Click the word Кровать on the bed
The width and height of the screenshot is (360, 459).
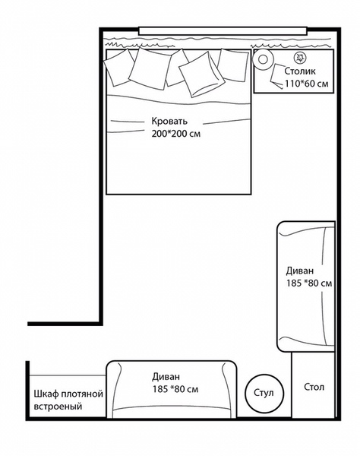pyautogui.click(x=169, y=121)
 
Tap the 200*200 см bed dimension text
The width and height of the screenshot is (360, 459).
pyautogui.click(x=176, y=134)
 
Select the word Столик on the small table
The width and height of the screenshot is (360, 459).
pyautogui.click(x=300, y=71)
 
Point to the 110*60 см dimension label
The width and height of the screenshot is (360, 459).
pyautogui.click(x=307, y=84)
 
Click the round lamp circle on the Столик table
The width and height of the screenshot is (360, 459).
pyautogui.click(x=263, y=59)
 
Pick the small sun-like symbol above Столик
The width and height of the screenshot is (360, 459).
pyautogui.click(x=300, y=58)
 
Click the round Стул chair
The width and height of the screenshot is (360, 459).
pyautogui.click(x=264, y=393)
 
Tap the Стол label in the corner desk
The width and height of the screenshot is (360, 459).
pyautogui.click(x=314, y=387)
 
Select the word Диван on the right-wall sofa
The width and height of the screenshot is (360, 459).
pyautogui.click(x=300, y=271)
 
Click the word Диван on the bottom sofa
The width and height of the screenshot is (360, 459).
pyautogui.click(x=166, y=376)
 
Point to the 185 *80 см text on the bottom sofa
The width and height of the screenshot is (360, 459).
pyautogui.click(x=175, y=389)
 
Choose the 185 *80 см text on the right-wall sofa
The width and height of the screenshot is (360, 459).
pyautogui.click(x=309, y=283)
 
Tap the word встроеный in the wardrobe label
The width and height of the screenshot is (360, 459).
pyautogui.click(x=58, y=407)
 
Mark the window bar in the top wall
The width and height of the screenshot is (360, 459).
pyautogui.click(x=223, y=30)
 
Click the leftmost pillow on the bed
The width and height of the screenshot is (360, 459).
pyautogui.click(x=119, y=68)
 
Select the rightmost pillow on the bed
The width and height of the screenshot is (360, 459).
pyautogui.click(x=233, y=65)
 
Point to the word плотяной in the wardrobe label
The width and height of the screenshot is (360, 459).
pyautogui.click(x=83, y=394)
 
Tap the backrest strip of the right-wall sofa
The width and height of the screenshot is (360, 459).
pyautogui.click(x=329, y=286)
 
